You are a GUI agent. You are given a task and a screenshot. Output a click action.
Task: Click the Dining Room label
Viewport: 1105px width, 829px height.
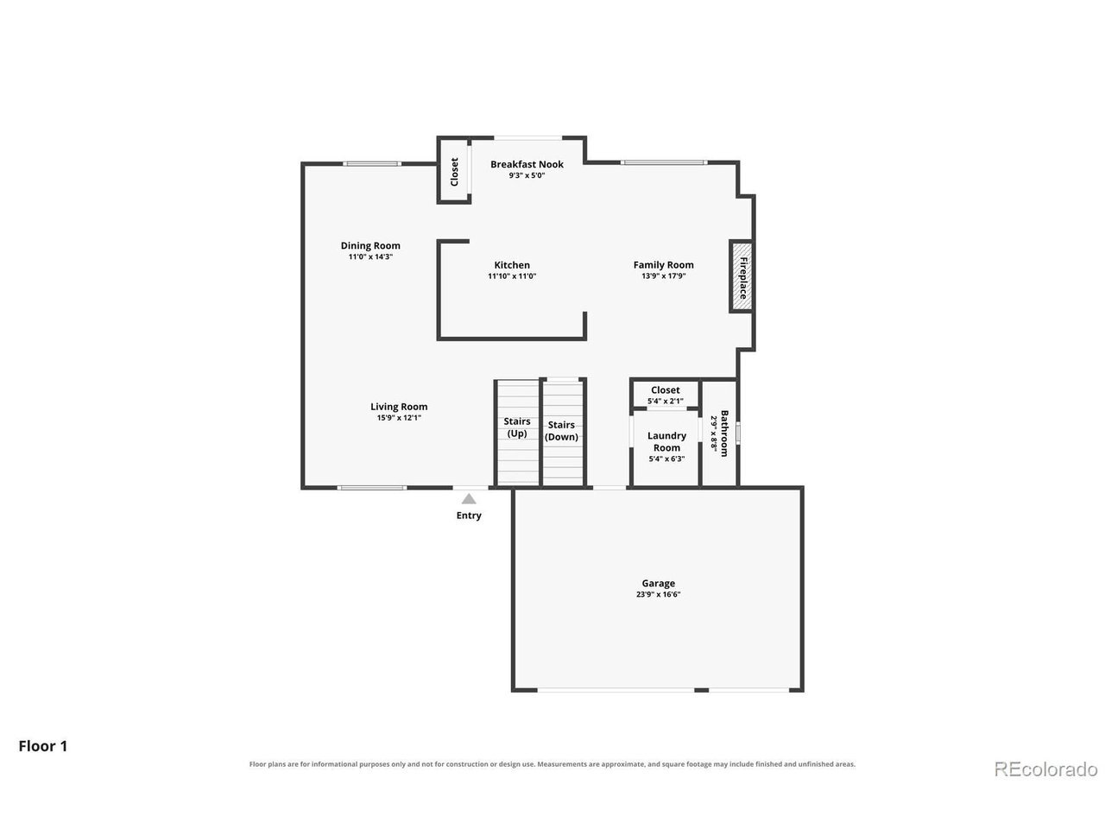tap(370, 245)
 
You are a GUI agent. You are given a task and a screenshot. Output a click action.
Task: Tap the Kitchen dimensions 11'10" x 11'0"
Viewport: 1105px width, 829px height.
tap(512, 275)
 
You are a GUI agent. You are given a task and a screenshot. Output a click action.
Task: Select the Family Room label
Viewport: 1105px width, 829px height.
tap(663, 265)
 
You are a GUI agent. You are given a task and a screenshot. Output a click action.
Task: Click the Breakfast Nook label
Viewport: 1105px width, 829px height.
tap(527, 164)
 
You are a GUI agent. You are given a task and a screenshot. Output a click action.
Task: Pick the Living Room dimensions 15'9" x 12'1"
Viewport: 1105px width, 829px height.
tap(399, 418)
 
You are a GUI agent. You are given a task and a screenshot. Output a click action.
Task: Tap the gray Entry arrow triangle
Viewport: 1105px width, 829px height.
tap(469, 499)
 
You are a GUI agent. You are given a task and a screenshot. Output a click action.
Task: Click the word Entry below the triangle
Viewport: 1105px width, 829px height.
tap(469, 516)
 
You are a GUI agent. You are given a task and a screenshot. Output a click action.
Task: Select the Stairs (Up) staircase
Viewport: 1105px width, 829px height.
tap(517, 433)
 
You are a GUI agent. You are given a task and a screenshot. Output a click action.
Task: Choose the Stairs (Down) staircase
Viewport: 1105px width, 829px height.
tap(562, 433)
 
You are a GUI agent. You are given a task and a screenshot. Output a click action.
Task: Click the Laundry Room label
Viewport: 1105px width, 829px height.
tap(666, 441)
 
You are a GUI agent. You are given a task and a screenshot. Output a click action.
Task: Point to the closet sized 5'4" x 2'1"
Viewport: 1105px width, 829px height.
tap(665, 394)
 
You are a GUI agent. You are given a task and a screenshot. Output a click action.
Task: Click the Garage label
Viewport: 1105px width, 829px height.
tap(658, 583)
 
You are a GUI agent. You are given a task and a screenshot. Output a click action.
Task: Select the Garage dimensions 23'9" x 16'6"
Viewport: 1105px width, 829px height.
tap(658, 594)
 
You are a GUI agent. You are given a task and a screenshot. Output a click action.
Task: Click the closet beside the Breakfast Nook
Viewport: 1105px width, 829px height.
tap(453, 170)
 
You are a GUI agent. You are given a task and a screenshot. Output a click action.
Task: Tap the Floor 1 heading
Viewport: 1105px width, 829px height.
tap(43, 746)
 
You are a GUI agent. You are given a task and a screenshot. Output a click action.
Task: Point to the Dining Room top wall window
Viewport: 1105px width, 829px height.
tap(372, 163)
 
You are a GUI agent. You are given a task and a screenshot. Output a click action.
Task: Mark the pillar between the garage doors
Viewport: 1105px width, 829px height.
tap(701, 690)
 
